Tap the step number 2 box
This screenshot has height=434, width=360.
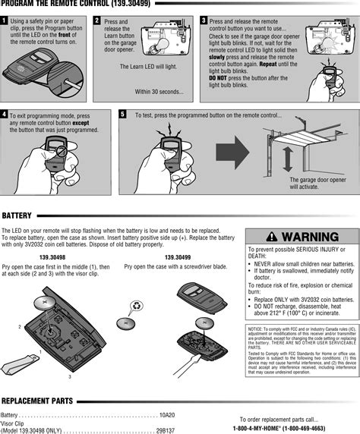coord(97,20)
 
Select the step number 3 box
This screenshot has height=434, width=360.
coord(203,20)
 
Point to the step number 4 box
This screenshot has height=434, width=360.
coord(5,114)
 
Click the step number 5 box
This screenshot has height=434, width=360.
coord(123,114)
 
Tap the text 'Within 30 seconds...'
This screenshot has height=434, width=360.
coord(159,92)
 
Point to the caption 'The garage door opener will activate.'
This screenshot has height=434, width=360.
coord(317,183)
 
